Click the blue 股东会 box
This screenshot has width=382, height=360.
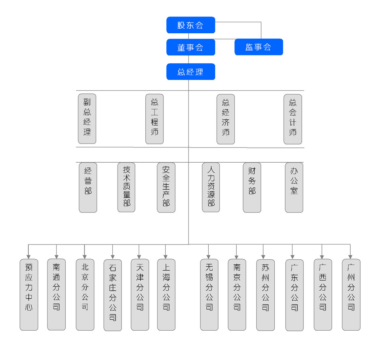[x=191, y=25]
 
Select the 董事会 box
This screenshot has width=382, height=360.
[x=191, y=47]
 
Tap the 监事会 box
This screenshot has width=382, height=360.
[x=259, y=47]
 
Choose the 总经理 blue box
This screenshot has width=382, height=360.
[x=191, y=72]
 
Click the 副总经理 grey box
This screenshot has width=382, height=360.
[x=87, y=118]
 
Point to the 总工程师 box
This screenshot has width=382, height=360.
[x=155, y=119]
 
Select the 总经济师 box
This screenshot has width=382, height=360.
[x=226, y=119]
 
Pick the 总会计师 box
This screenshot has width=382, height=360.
[x=293, y=119]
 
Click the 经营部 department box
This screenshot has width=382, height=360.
[x=88, y=187]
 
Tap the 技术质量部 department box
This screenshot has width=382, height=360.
[x=126, y=187]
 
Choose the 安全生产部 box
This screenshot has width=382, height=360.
[x=166, y=187]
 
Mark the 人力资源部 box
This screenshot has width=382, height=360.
[x=211, y=187]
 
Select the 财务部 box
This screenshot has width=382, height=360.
[x=252, y=187]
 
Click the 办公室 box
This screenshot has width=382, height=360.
[x=294, y=187]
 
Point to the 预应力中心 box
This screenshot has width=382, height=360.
[x=29, y=295]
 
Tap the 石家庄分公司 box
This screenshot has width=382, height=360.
[x=113, y=295]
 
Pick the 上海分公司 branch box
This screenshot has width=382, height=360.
[x=166, y=295]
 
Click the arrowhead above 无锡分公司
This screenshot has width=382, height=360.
[x=209, y=256]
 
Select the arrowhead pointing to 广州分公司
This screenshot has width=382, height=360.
[x=350, y=256]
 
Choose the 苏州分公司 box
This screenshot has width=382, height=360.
[x=265, y=295]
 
